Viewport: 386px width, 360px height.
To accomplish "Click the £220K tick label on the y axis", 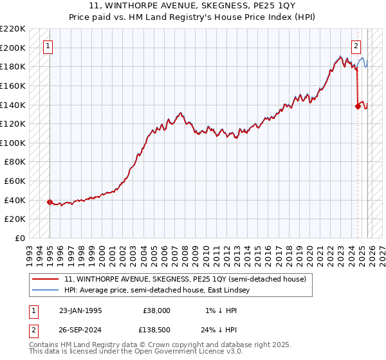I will point(13,28).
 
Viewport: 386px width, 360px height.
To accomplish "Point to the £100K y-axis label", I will point(13,143).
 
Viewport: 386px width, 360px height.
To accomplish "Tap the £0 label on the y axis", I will point(20,238).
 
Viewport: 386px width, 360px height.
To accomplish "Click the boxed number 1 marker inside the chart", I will point(49,46).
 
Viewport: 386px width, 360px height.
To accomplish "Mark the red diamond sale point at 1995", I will point(50,202).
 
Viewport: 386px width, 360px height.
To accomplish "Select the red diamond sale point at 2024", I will point(358,107).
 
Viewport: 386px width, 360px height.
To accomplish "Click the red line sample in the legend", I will point(46,279).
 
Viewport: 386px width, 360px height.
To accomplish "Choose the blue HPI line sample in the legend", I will point(46,290).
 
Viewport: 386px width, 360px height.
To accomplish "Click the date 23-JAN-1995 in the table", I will point(80,310).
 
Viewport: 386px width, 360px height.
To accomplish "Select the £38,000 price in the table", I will point(156,310).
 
